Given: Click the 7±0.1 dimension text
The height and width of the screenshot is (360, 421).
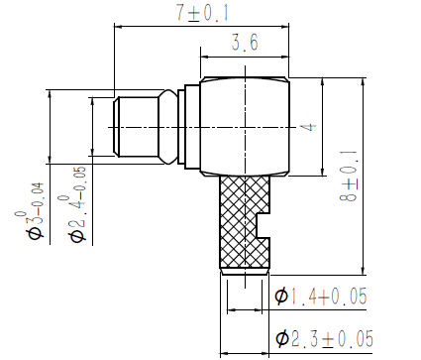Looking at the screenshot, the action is (202, 13).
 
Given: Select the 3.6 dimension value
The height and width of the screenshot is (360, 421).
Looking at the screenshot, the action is (245, 43).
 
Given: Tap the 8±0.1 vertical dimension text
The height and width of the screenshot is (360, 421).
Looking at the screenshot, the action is (349, 176).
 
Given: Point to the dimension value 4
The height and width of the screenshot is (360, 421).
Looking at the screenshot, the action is (308, 127).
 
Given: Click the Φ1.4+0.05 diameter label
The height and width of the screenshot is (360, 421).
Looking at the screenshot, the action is (321, 296).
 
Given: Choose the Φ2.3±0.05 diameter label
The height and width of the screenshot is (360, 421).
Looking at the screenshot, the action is (324, 338).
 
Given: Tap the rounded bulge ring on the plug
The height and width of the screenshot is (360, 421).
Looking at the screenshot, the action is (168, 127).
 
